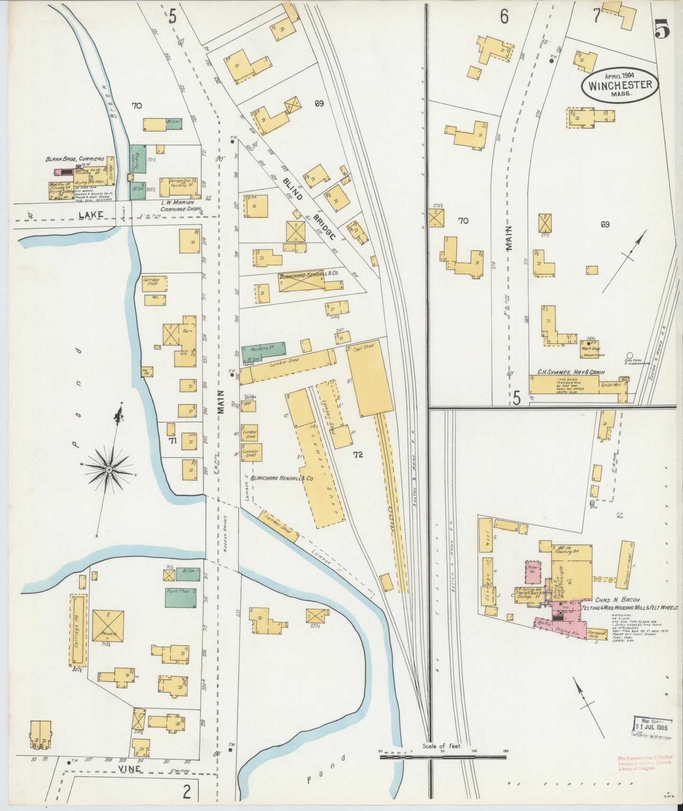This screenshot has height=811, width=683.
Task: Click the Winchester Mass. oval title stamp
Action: tap(619, 85)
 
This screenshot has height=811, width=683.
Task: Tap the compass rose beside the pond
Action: tap(109, 469)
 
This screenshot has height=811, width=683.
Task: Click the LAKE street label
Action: tap(87, 215)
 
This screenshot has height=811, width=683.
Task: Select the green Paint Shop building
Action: tap(180, 598)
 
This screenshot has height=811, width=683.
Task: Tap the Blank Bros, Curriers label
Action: tap(74, 159)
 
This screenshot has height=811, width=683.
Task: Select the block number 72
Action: tap(358, 455)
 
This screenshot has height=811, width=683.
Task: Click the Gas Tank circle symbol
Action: tap(629, 355)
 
